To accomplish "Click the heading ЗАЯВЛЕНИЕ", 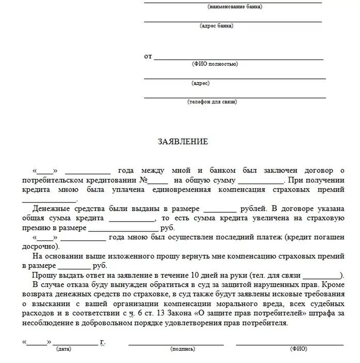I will click(182, 141).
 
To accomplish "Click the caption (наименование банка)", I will click(234, 7).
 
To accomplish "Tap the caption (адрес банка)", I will click(216, 25).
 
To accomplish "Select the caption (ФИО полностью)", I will click(214, 64).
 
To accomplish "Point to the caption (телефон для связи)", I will click(212, 102).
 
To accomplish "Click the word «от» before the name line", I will click(148, 56).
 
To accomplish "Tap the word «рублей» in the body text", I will click(253, 209).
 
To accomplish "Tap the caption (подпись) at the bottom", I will click(182, 349).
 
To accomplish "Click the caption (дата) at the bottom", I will click(64, 349).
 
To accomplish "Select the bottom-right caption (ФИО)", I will click(299, 349).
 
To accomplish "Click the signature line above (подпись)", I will click(176, 344).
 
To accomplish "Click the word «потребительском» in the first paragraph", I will click(53, 181).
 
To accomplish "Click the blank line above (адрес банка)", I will click(232, 21).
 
